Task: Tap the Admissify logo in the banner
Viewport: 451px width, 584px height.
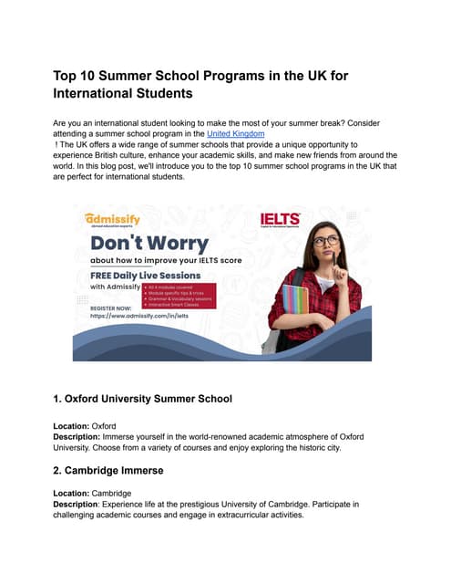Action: [x=112, y=220]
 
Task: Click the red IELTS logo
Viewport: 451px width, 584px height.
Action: [x=280, y=220]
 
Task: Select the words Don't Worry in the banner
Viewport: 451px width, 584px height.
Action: [x=149, y=244]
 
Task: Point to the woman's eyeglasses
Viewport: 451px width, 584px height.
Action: [x=326, y=241]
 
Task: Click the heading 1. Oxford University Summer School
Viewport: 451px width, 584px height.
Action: [x=144, y=399]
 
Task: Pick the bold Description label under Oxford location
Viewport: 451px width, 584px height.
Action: [x=80, y=437]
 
